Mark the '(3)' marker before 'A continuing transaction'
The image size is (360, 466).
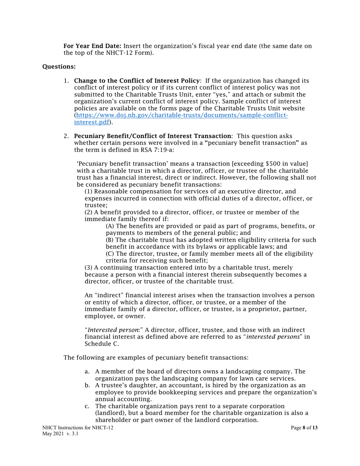(x=89, y=267)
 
